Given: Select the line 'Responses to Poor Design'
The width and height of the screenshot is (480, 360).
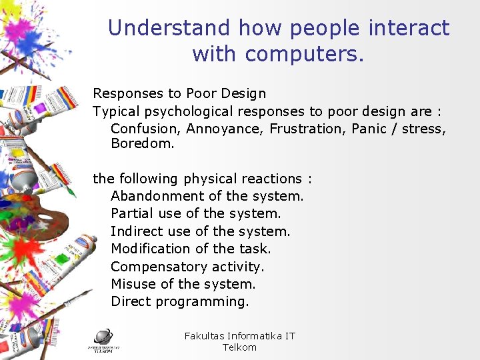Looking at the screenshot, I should [179, 93].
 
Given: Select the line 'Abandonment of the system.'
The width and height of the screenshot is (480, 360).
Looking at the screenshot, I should [207, 196].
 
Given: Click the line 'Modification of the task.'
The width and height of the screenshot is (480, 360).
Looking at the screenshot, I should [191, 249].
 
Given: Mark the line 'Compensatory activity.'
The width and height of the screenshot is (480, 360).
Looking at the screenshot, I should [187, 267].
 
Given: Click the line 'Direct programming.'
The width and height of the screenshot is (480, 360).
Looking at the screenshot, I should [180, 301].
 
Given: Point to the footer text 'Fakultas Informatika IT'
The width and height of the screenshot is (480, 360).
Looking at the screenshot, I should [239, 336].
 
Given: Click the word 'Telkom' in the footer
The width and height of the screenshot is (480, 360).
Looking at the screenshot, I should [239, 347].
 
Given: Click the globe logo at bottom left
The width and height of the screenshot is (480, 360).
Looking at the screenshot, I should [103, 337].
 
